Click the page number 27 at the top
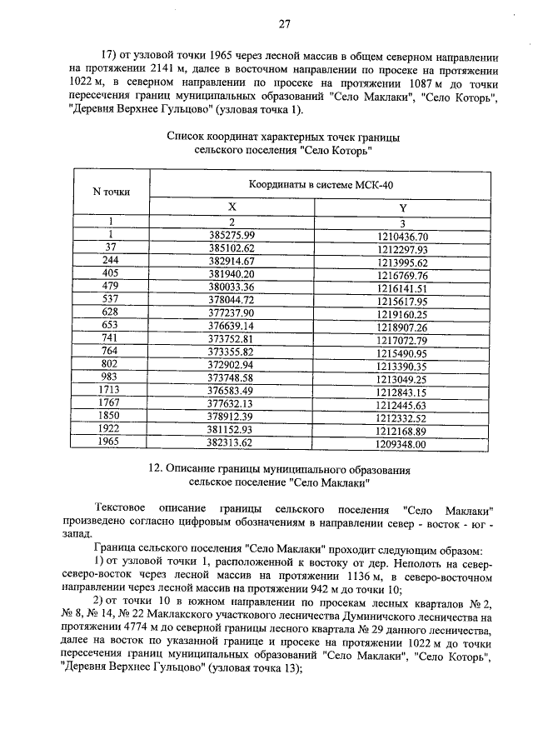(283, 23)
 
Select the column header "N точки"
(111, 192)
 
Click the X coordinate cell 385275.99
(232, 236)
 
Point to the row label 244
(111, 262)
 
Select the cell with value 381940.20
(232, 275)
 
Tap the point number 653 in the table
(111, 327)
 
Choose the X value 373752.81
(232, 340)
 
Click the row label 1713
(111, 392)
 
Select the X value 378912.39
(232, 418)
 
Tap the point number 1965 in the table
(111, 444)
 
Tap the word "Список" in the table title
(186, 137)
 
